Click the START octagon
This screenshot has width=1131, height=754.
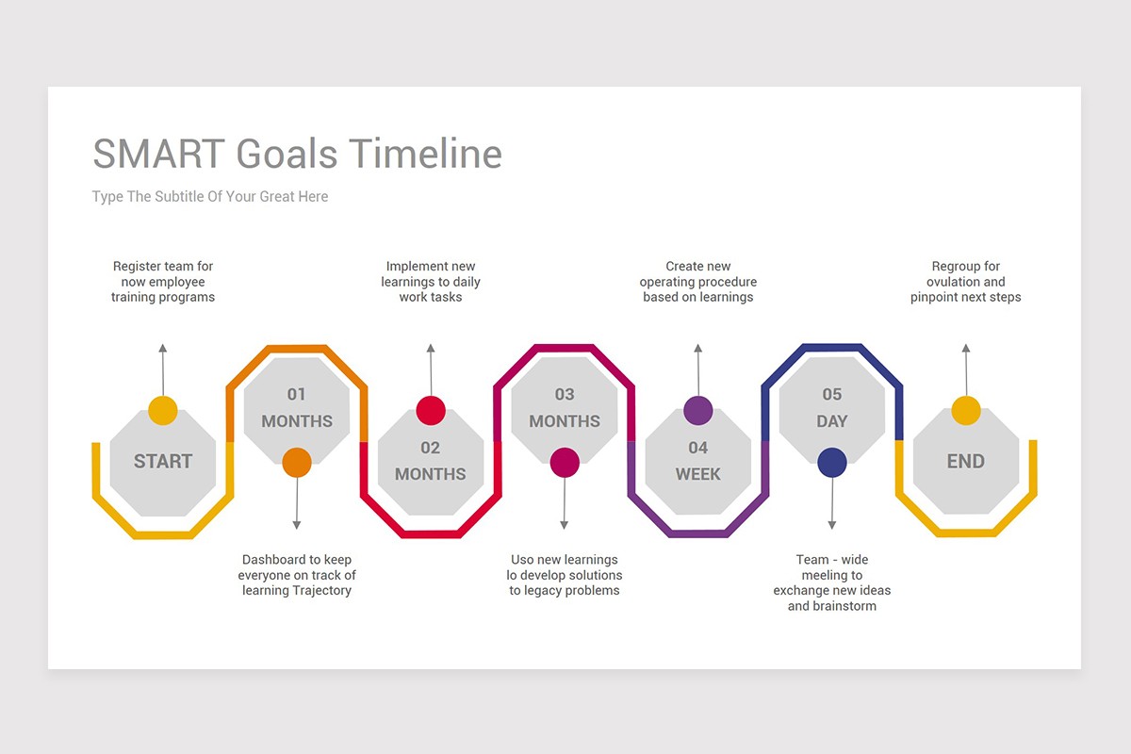(162, 462)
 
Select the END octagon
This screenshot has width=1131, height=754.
(965, 462)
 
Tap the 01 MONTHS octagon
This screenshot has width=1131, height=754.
(297, 408)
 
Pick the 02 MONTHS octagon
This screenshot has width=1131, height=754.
(430, 462)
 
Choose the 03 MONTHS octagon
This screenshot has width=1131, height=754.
(565, 408)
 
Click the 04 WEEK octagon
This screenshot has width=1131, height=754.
(697, 462)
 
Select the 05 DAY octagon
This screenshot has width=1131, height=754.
(831, 408)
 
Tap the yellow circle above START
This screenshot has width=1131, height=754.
(163, 411)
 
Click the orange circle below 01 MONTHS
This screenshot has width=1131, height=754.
(297, 462)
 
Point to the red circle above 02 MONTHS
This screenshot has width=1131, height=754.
(431, 411)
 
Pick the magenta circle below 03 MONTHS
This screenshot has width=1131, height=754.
(565, 462)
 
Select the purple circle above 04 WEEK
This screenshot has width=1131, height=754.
(697, 411)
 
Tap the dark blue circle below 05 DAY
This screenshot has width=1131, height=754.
(831, 462)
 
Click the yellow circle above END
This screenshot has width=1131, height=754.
(965, 411)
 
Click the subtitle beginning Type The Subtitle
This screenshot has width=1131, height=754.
(210, 197)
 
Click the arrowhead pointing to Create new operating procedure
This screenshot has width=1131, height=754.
(697, 349)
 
